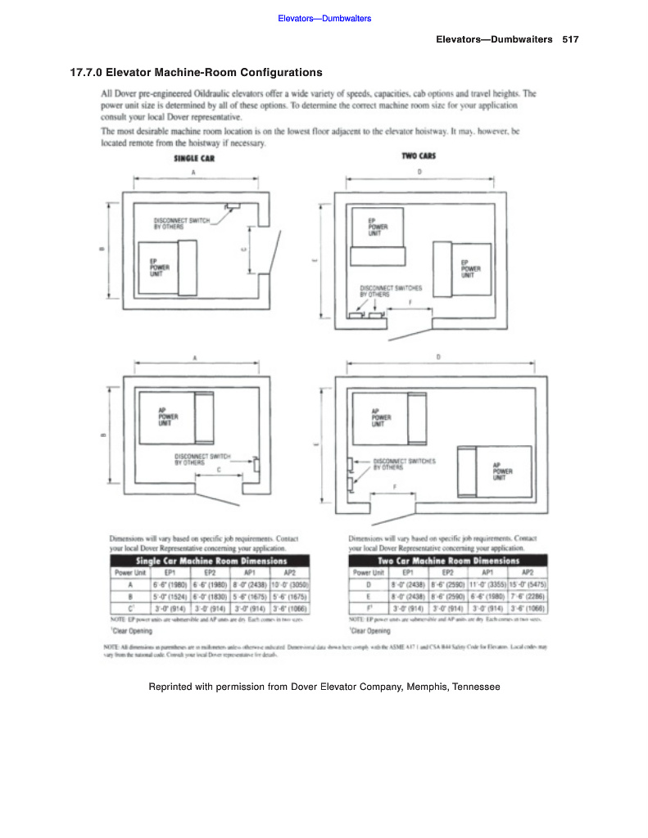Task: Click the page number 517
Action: pos(571,39)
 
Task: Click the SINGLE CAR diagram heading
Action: pos(195,159)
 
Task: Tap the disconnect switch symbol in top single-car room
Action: pos(233,205)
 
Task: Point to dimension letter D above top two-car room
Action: pos(420,173)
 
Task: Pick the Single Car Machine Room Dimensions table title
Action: pos(211,561)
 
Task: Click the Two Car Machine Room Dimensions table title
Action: pos(449,561)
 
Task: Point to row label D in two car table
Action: pos(368,585)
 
